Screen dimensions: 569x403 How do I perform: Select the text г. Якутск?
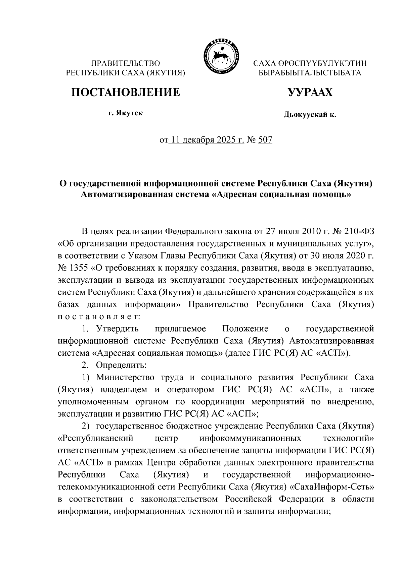tap(125, 113)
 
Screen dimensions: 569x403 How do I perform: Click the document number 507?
tap(265, 139)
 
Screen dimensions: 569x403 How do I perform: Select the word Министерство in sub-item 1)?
tap(126, 377)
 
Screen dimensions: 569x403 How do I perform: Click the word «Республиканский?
tap(96, 438)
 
